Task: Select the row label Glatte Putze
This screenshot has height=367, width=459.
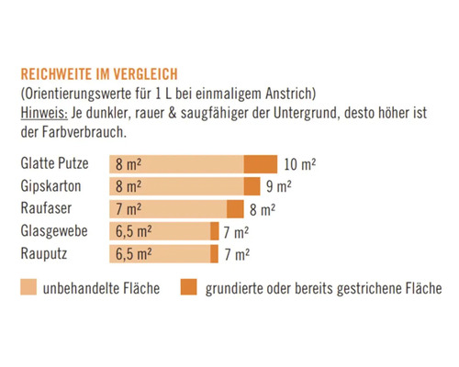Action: click(56, 164)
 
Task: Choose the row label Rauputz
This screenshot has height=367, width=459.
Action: click(47, 253)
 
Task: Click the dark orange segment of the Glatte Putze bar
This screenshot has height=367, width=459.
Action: click(260, 165)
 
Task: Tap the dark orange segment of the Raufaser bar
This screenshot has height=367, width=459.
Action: click(235, 209)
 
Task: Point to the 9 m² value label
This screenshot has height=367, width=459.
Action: click(279, 187)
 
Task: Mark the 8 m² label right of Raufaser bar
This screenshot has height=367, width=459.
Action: click(262, 209)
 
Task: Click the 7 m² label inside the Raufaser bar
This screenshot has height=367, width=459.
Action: click(129, 209)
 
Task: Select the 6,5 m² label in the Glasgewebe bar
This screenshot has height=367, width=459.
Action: click(134, 231)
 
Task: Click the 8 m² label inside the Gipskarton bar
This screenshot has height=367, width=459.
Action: click(129, 187)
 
